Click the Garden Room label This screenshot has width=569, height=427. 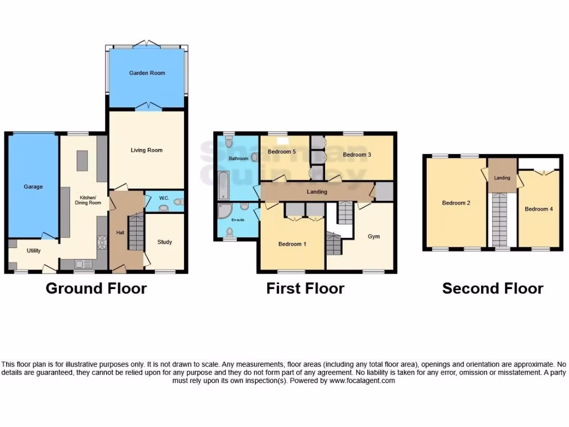(147, 73)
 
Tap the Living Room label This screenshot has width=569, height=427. (147, 150)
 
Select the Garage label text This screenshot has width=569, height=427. (33, 187)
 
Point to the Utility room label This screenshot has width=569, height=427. (34, 251)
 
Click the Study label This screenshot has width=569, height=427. (164, 242)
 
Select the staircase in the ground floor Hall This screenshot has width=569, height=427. (136, 234)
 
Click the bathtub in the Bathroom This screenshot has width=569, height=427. (223, 186)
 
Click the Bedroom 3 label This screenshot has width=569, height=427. (357, 155)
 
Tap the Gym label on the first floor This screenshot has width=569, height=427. (374, 236)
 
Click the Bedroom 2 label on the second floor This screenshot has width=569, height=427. (456, 203)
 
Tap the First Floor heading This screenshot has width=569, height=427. (305, 288)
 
